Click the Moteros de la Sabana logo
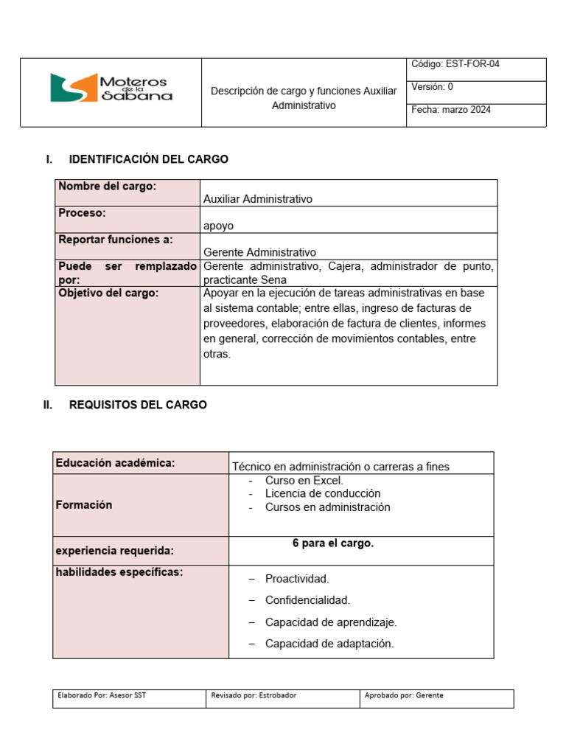[111, 88]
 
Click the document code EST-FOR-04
[455, 65]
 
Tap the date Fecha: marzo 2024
[451, 110]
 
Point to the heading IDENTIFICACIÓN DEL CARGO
[148, 159]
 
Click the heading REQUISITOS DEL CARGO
[138, 405]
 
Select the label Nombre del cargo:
[108, 187]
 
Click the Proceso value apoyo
[218, 226]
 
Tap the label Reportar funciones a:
[116, 240]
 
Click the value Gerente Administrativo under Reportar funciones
[259, 252]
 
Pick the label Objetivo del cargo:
[108, 293]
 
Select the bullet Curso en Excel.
[294, 480]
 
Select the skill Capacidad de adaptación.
[329, 644]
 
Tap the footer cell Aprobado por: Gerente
[405, 695]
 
